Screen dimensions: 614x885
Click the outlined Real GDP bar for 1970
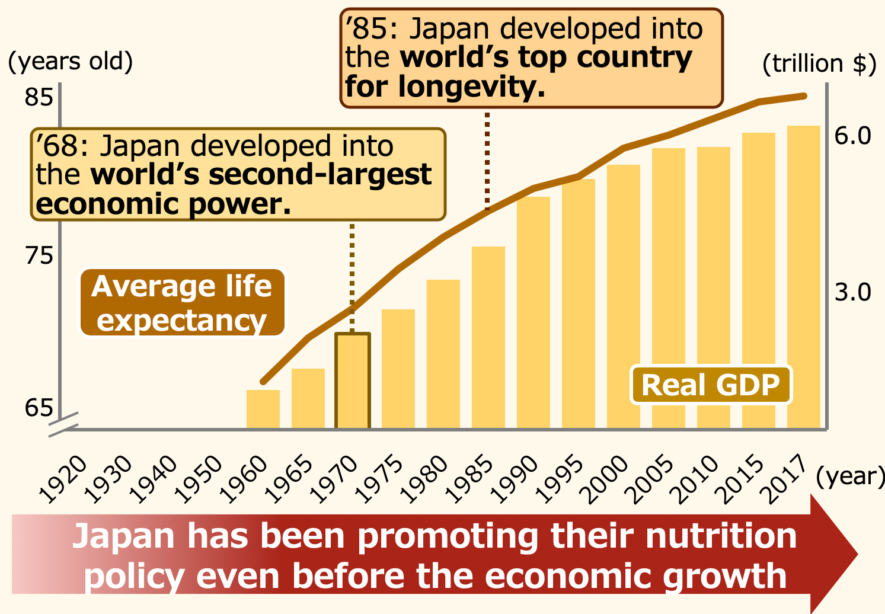[x=353, y=380]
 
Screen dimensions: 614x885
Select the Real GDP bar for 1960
[x=263, y=409]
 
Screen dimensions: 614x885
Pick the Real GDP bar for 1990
[x=533, y=312]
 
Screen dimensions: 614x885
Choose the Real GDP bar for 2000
[x=624, y=296]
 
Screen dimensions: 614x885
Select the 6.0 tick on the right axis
[x=853, y=136]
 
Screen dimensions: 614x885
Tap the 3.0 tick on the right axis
[x=853, y=292]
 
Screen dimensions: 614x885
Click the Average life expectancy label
[x=182, y=303]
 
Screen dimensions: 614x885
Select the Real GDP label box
[x=710, y=385]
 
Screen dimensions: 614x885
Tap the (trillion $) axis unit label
[x=819, y=63]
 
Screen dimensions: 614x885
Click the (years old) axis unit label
[x=71, y=61]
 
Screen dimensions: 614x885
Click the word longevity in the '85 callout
[x=471, y=88]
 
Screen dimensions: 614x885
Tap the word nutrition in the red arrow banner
[x=721, y=536]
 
